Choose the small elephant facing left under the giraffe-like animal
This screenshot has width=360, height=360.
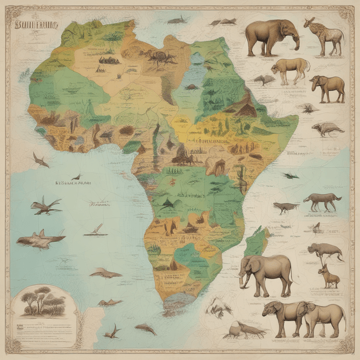coord(327,87)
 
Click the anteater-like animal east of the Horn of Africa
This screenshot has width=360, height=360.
coord(327,129)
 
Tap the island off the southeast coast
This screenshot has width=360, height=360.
coord(256,242)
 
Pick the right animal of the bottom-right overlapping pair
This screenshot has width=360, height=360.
coord(327,318)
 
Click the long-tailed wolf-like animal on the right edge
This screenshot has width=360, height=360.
coord(322,201)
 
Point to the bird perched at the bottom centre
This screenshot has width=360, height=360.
coord(242,331)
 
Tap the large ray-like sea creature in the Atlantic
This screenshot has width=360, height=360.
coord(39,239)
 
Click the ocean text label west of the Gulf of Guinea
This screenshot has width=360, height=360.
coord(73,183)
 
